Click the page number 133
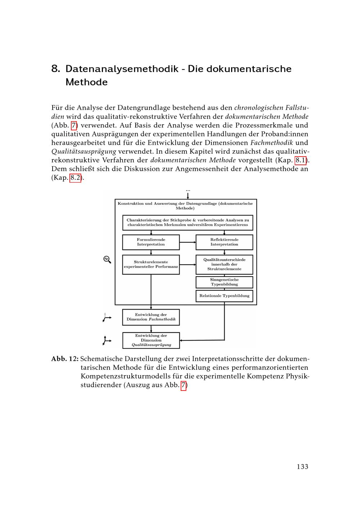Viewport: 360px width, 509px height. [x=302, y=467]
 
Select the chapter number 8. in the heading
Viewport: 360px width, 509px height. [x=55, y=69]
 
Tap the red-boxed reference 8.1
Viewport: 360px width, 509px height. [x=301, y=160]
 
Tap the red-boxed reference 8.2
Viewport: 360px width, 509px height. [x=75, y=178]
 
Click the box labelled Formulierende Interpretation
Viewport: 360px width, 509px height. [x=151, y=242]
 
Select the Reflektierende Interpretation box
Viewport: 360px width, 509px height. [x=224, y=242]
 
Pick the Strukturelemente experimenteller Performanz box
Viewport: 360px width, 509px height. [x=151, y=265]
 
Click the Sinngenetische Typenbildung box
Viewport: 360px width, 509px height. [x=224, y=282]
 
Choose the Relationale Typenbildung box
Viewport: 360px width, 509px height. [x=224, y=296]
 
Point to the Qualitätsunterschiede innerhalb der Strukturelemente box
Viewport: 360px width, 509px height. [x=224, y=265]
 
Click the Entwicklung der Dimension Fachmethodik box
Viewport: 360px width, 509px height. [x=151, y=317]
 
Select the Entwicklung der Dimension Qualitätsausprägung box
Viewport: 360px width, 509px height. [x=151, y=340]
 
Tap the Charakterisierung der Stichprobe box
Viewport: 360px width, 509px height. [x=188, y=222]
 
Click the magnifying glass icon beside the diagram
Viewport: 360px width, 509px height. [x=107, y=259]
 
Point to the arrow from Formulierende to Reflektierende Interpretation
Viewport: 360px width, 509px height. [x=188, y=242]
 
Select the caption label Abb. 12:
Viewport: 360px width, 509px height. [x=65, y=359]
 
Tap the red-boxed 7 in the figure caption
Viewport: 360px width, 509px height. [x=184, y=386]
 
